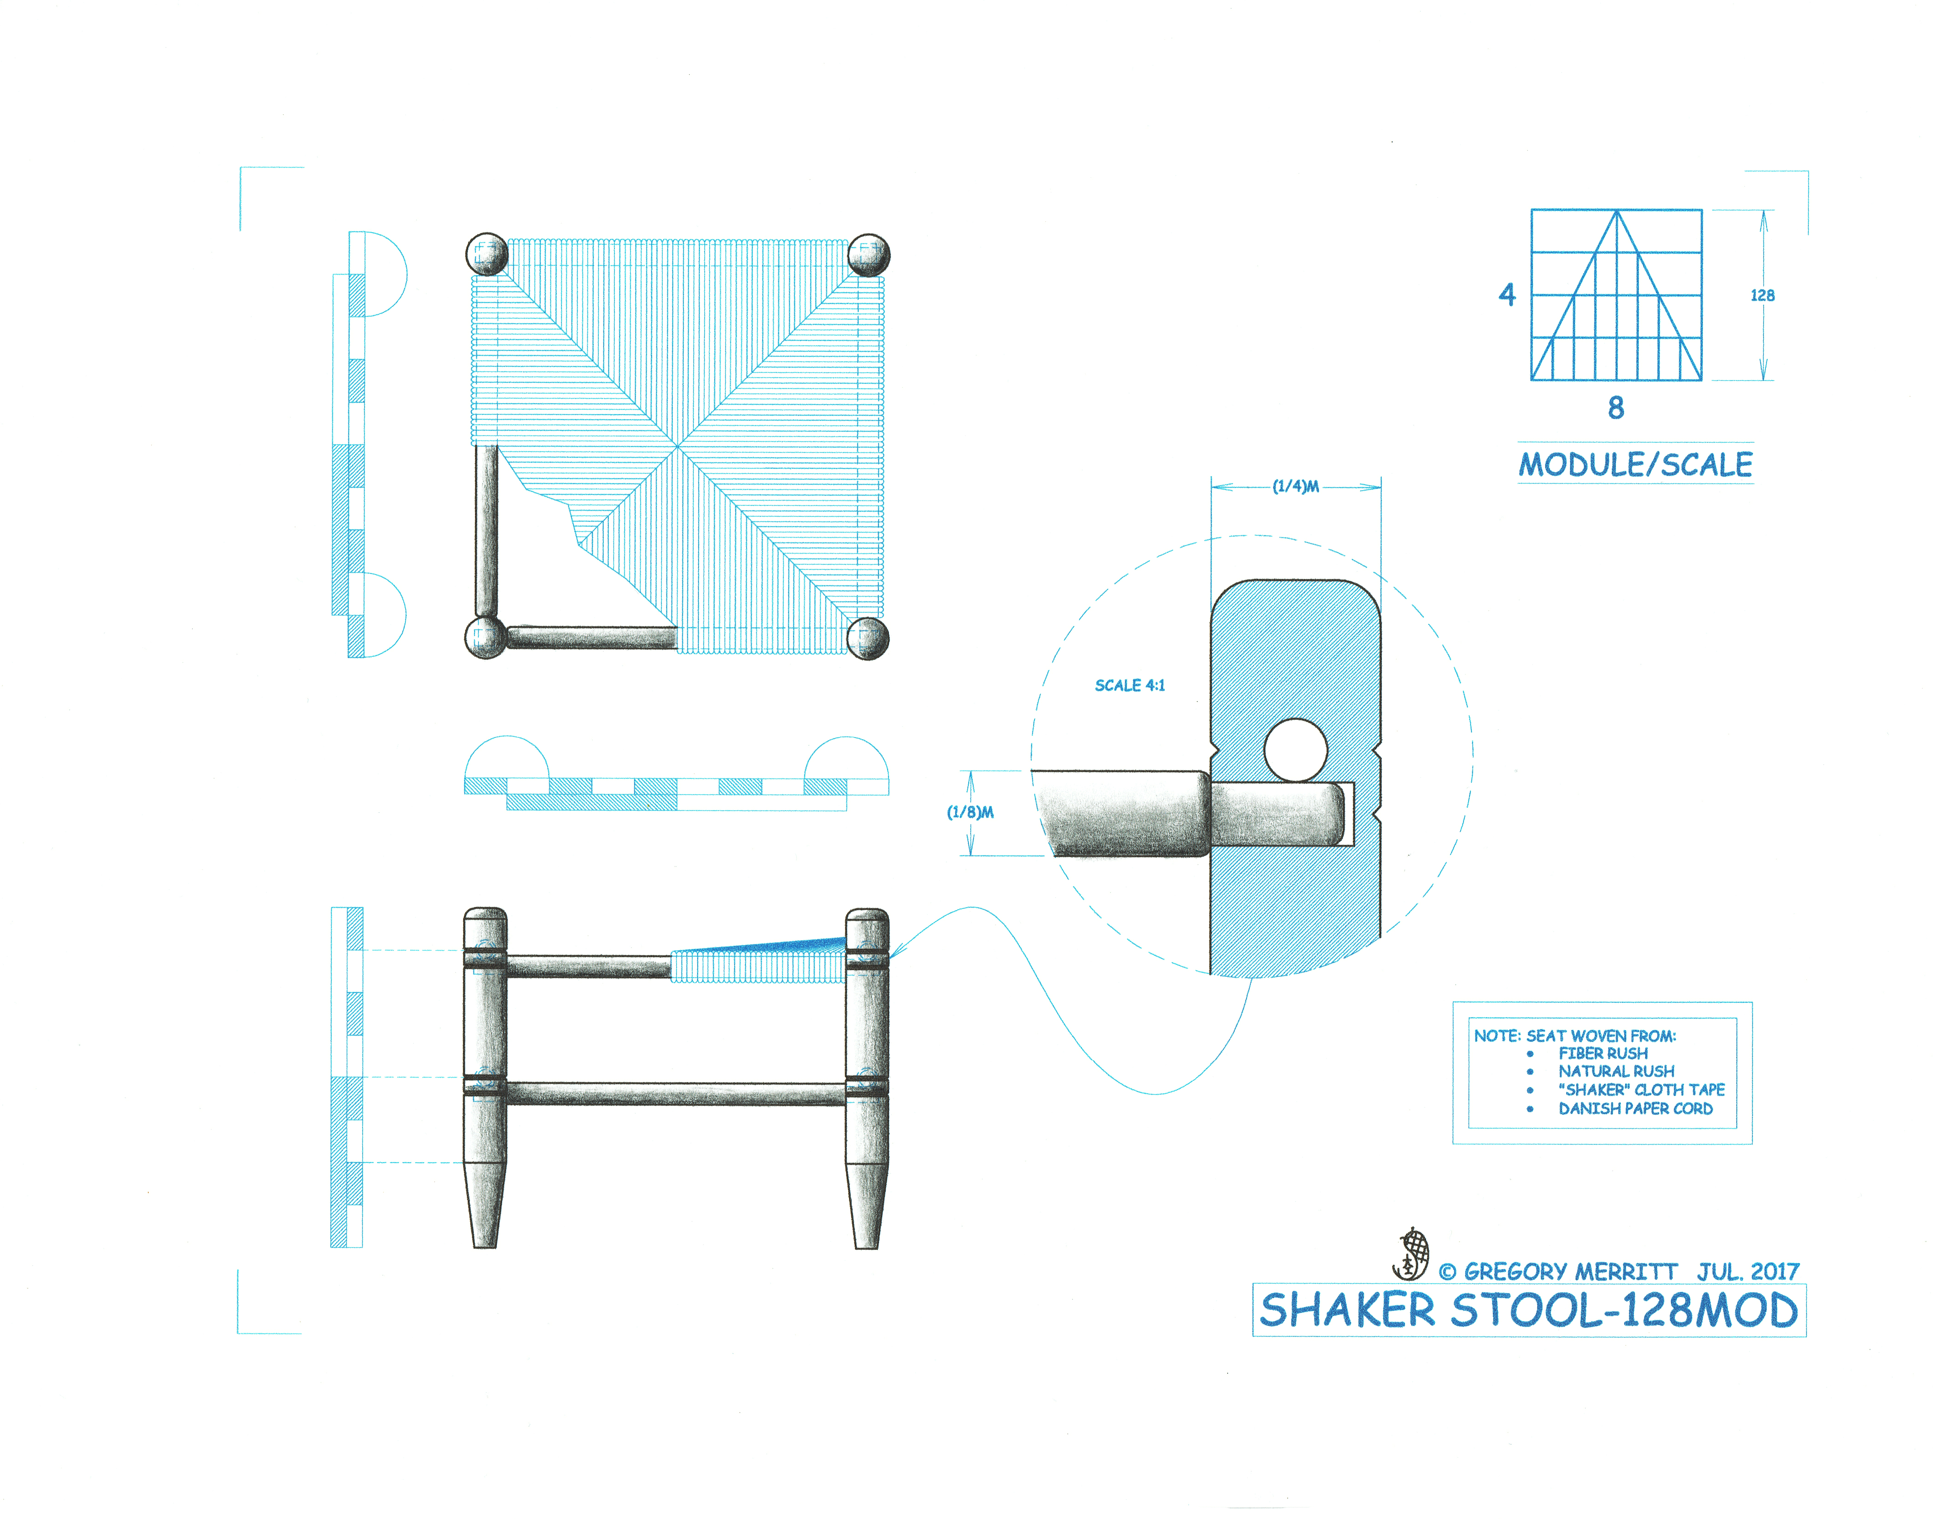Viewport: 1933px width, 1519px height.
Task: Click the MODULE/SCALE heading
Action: (x=1634, y=464)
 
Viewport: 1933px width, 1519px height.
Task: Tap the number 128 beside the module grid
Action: (x=1761, y=295)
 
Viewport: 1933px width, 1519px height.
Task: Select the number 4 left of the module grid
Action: (x=1506, y=294)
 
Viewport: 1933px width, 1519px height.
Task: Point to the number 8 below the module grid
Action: (x=1616, y=408)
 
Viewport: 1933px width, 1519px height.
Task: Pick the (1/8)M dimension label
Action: (x=970, y=812)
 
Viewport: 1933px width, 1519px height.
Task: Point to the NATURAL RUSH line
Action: (x=1616, y=1072)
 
